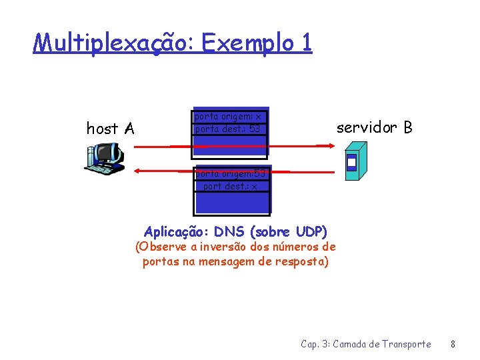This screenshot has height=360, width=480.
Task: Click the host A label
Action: coord(111,128)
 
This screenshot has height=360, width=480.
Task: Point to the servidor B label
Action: coord(374,127)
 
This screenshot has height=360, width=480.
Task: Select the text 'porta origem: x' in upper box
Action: coord(227,116)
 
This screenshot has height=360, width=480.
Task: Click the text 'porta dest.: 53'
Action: coord(227,128)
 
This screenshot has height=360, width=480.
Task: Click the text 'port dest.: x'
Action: coord(231,186)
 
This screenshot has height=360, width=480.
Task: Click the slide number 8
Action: coord(453,344)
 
